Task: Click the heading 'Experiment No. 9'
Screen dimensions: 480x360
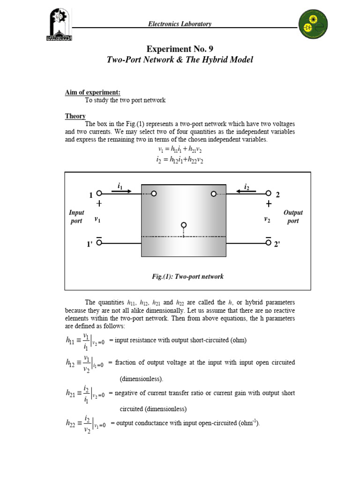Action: click(x=180, y=49)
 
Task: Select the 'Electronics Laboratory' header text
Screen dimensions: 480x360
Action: click(x=180, y=24)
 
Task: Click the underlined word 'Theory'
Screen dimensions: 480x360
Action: click(x=75, y=116)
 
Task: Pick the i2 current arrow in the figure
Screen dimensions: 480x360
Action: click(x=246, y=191)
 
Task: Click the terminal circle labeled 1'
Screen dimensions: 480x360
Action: click(x=99, y=242)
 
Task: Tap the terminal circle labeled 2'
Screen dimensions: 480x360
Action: click(x=268, y=242)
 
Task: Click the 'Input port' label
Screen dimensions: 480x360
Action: click(x=76, y=217)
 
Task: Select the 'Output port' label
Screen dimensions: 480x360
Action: click(x=293, y=217)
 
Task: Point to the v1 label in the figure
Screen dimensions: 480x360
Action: click(x=97, y=219)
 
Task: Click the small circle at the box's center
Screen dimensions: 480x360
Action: click(x=184, y=225)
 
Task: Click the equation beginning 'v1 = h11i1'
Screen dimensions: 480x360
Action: click(x=180, y=150)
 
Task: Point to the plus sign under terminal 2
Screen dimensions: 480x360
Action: click(x=268, y=204)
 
